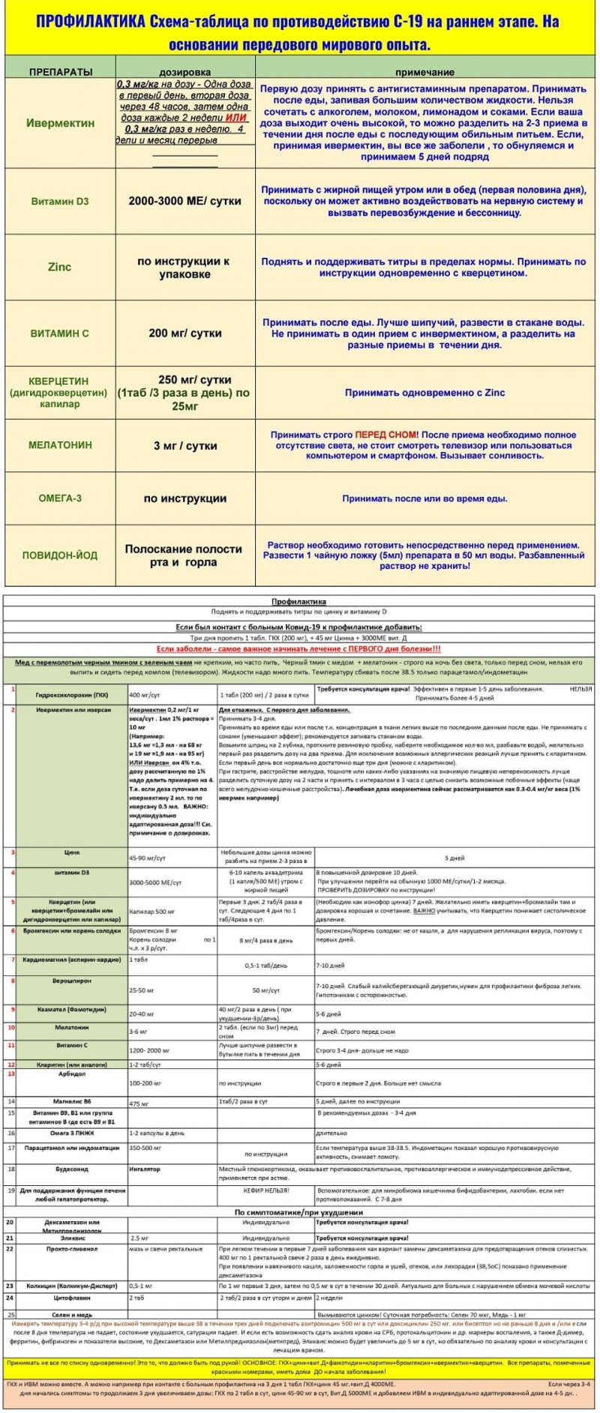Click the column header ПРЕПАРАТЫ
point(61,72)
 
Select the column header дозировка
point(185,72)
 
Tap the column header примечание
point(424,72)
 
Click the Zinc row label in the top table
point(60,267)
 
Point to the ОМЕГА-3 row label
point(60,498)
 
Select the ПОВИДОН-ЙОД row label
point(60,555)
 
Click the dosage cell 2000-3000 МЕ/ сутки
point(184,202)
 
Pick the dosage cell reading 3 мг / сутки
point(185,445)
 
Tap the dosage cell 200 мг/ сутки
point(184,333)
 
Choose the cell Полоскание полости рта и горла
point(184,555)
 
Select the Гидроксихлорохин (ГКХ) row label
point(72,695)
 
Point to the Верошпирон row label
point(72,980)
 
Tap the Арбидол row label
point(72,1073)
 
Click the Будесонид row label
point(72,1169)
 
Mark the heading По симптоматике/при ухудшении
point(298,1212)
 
